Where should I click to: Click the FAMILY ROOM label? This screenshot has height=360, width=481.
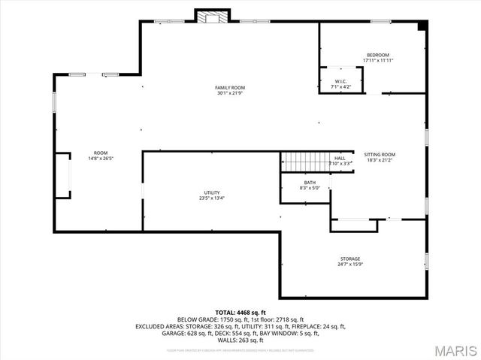(x=231, y=88)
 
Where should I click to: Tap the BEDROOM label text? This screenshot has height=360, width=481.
(x=378, y=55)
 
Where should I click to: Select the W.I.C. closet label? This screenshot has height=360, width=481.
(x=341, y=81)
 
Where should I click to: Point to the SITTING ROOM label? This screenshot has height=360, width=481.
(x=380, y=154)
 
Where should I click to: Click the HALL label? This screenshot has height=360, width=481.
(x=340, y=158)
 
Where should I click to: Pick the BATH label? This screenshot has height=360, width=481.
(x=310, y=183)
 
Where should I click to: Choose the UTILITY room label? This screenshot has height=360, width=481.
(x=212, y=192)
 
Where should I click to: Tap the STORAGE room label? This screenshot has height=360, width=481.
(x=349, y=259)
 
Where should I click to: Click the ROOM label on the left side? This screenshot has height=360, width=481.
(x=100, y=153)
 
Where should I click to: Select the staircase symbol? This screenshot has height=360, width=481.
(x=304, y=161)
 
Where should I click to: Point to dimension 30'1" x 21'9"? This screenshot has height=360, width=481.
(x=231, y=93)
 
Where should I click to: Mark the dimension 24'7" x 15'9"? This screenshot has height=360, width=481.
(x=349, y=264)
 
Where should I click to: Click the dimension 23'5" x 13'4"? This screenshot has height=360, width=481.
(x=212, y=198)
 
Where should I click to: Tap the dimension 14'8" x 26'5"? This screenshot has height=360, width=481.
(x=100, y=158)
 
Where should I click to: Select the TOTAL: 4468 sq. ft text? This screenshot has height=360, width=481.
(x=240, y=312)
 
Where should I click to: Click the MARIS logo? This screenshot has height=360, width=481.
(x=455, y=349)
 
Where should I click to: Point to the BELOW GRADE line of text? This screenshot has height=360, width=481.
(x=240, y=319)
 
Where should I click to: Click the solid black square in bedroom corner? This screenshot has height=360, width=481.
(x=422, y=26)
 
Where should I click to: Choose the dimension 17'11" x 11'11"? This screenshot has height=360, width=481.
(x=378, y=60)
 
